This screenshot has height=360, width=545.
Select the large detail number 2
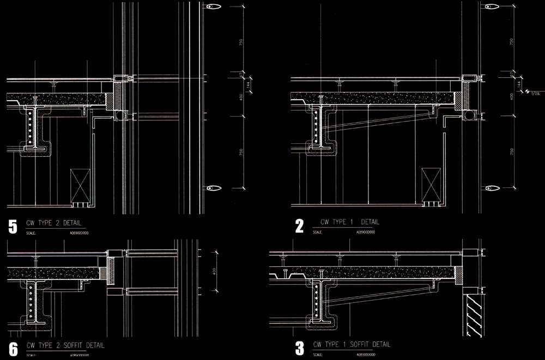coord(299,225)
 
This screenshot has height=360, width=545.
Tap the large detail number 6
coord(14,349)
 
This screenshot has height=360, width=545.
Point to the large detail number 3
coord(299,348)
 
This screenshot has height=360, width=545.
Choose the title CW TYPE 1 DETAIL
coord(349,222)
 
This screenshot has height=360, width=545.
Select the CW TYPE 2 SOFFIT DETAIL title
coord(65,345)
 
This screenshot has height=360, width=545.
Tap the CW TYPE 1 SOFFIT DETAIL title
coord(352,344)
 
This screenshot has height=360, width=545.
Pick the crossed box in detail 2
coord(430,185)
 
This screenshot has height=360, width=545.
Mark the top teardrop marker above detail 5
coord(213,7)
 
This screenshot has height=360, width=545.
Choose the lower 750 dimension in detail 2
coord(512,152)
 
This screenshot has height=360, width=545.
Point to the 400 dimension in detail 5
coord(240,97)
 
